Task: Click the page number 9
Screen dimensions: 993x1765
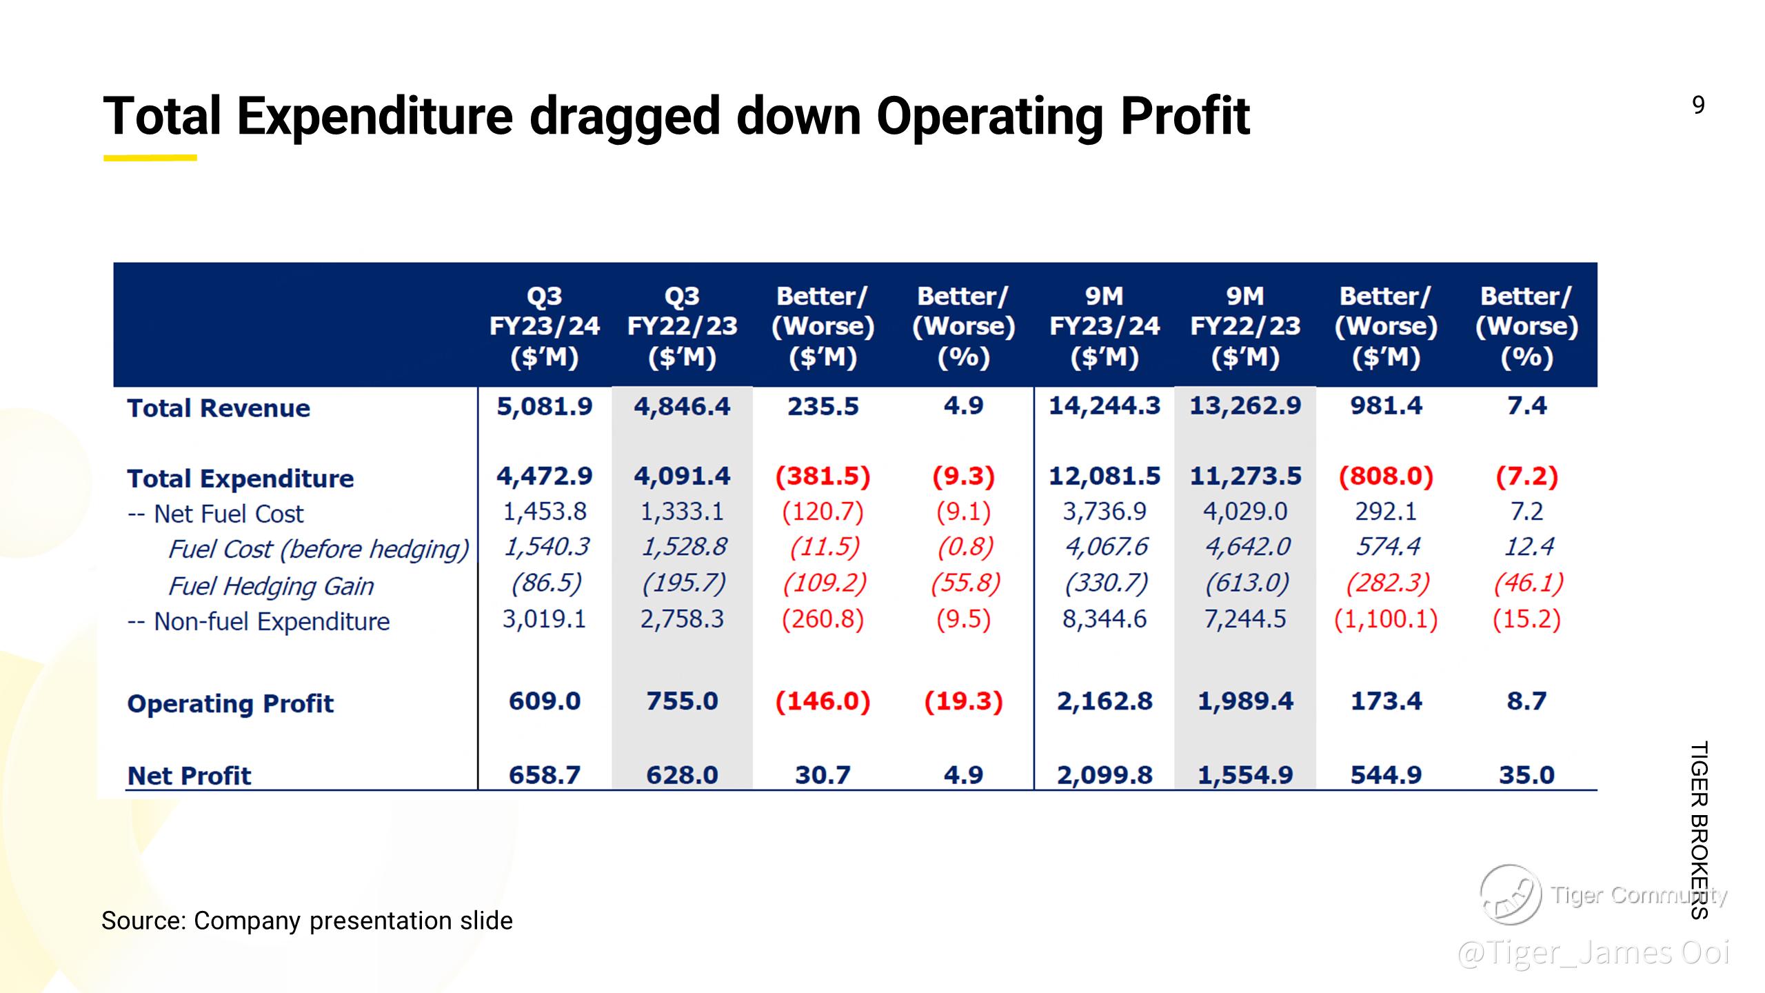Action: tap(1698, 105)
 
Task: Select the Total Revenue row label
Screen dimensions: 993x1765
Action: tap(219, 408)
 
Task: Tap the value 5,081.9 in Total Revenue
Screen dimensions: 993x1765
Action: tap(545, 407)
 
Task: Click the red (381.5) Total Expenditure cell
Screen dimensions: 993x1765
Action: tap(823, 477)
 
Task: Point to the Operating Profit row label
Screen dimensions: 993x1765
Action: tap(230, 704)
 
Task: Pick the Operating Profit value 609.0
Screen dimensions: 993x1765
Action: tap(545, 701)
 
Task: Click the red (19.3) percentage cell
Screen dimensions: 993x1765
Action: tap(963, 701)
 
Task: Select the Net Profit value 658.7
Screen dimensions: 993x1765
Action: tap(545, 775)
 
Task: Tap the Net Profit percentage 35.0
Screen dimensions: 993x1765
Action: tap(1526, 775)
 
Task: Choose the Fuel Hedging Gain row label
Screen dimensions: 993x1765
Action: tap(270, 586)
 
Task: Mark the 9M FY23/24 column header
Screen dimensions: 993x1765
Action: tap(1105, 326)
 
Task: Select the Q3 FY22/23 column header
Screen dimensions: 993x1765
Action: tap(682, 326)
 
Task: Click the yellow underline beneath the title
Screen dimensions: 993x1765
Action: tap(150, 158)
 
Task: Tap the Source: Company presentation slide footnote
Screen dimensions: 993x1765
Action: tap(307, 921)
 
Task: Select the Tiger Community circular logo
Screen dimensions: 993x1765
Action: tap(1510, 894)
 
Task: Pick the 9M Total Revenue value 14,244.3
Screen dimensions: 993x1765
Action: tap(1105, 406)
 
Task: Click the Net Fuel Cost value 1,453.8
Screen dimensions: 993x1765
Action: tap(545, 512)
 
